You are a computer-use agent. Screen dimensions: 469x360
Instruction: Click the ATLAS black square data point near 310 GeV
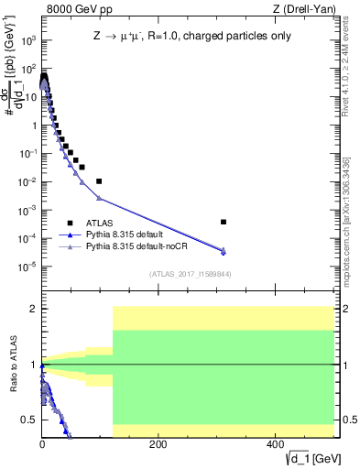[x=224, y=222]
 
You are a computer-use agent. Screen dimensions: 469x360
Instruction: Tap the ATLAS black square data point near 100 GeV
[x=99, y=181]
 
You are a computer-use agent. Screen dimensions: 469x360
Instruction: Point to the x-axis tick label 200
[x=158, y=444]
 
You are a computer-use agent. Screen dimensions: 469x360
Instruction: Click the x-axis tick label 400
[x=274, y=444]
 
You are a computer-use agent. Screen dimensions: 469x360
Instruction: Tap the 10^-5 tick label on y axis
[x=27, y=267]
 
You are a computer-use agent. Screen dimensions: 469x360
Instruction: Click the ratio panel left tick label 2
[x=34, y=309]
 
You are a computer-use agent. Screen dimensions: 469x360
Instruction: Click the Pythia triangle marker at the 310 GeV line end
[x=224, y=251]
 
